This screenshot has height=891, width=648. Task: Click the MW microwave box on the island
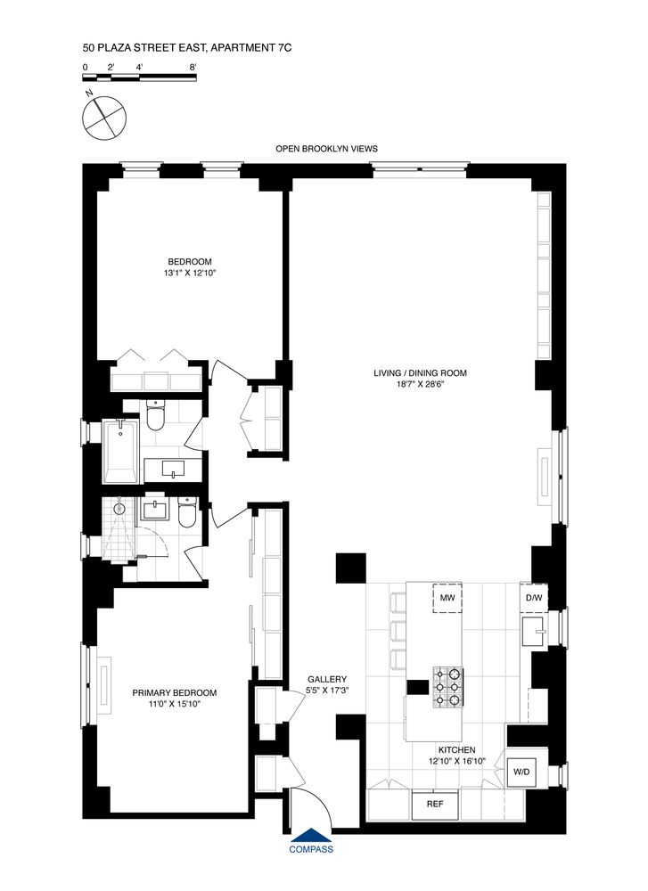(x=448, y=598)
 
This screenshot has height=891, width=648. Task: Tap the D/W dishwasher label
(x=534, y=597)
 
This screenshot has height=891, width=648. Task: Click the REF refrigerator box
(x=434, y=804)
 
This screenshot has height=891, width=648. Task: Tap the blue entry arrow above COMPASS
(x=311, y=835)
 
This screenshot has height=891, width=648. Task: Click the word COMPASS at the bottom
(x=311, y=849)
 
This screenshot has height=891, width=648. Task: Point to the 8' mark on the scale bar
(x=193, y=67)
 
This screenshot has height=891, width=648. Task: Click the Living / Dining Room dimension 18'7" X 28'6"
(x=421, y=386)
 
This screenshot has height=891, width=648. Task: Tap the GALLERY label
(x=321, y=678)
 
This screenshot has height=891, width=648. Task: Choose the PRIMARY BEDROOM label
(x=174, y=692)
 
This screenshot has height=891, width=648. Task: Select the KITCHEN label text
(x=455, y=750)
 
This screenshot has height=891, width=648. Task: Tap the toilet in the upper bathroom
(x=155, y=415)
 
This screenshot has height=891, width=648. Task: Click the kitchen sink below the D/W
(x=535, y=633)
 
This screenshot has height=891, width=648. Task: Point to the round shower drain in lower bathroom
(x=119, y=508)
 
